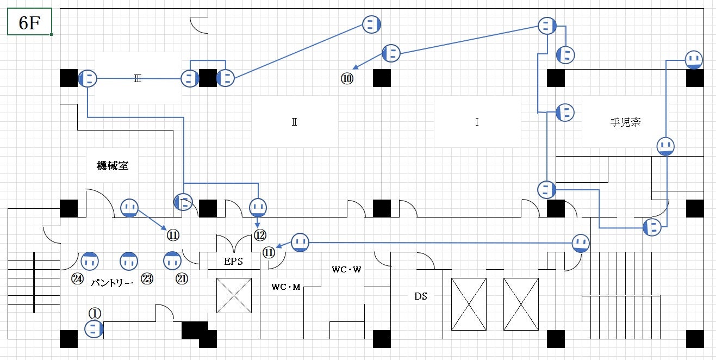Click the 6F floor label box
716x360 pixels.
(29, 22)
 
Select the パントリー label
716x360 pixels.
(112, 283)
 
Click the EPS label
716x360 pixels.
(233, 262)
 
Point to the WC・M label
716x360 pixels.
(286, 287)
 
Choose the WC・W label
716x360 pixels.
(346, 269)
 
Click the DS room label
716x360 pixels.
(420, 296)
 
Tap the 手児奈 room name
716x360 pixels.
(625, 122)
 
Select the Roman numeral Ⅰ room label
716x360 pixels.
(476, 122)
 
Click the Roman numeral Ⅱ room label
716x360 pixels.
(294, 122)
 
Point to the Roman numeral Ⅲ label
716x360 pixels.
(138, 79)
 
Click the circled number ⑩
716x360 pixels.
(347, 79)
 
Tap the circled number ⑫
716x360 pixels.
(260, 235)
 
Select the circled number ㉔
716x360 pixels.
(77, 279)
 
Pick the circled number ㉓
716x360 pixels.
(147, 279)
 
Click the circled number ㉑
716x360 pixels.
(182, 279)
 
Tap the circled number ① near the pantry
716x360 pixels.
(95, 313)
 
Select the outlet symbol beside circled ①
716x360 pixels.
(94, 328)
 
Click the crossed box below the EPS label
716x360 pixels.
(234, 295)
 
